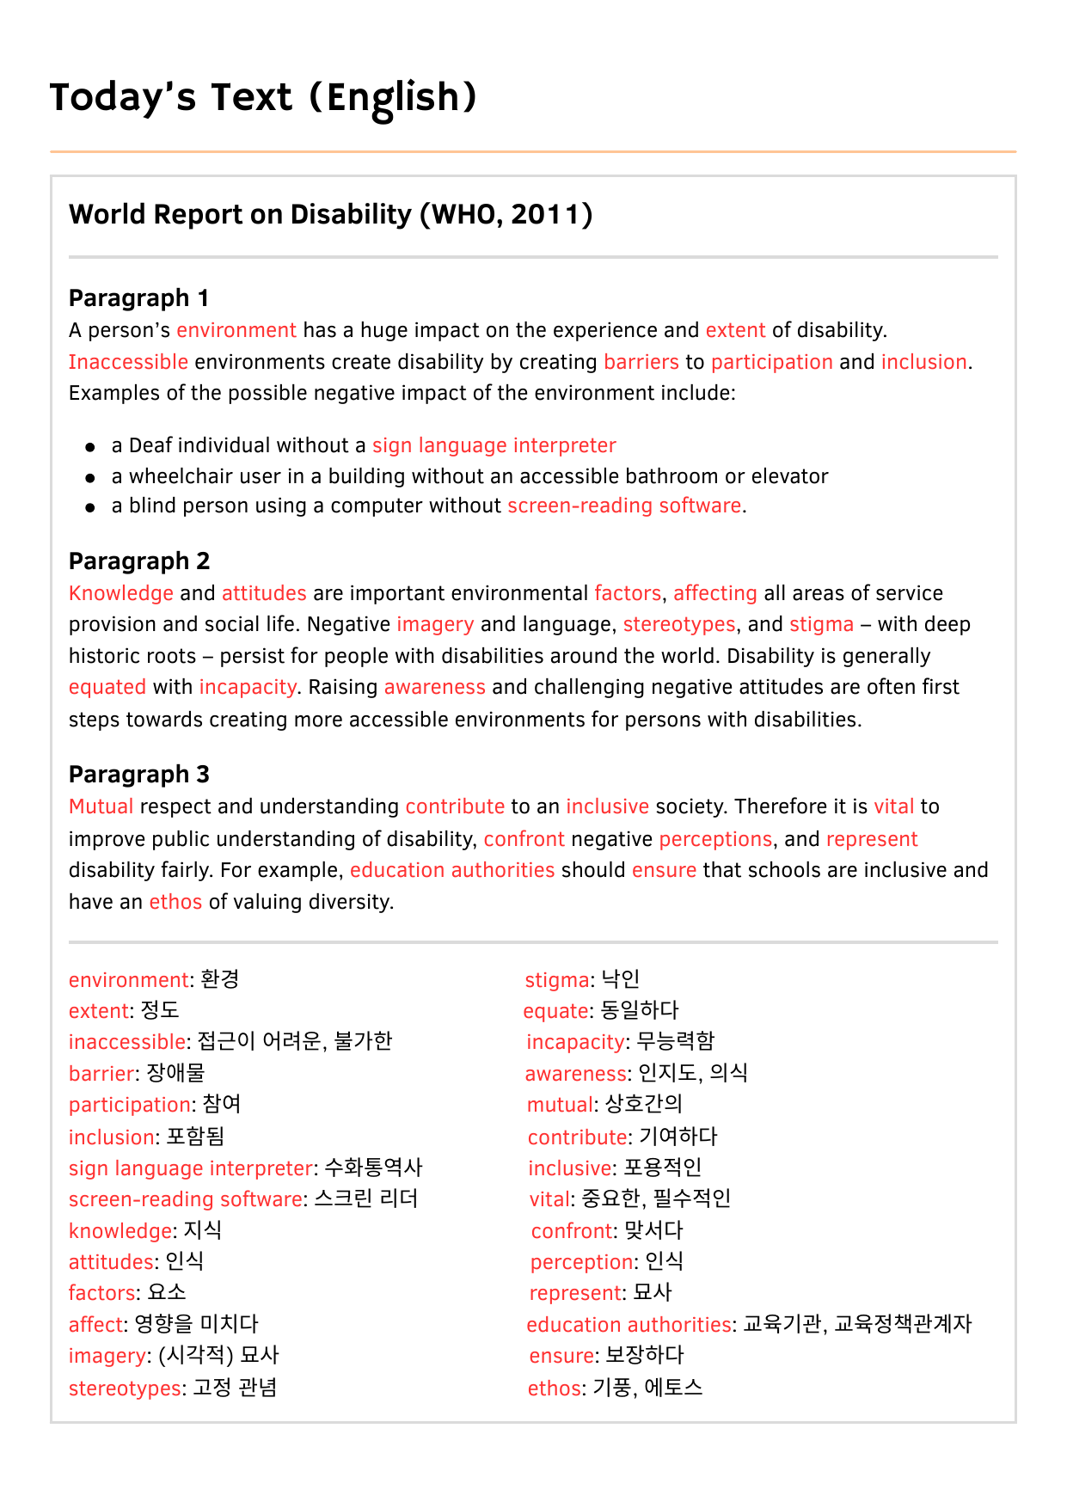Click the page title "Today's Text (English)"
pos(263,98)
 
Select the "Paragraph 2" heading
pos(139,561)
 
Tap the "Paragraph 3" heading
pos(139,775)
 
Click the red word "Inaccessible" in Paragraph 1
pos(128,362)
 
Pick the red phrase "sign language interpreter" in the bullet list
pos(494,445)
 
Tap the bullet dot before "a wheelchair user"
pos(90,477)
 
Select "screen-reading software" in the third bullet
pos(624,506)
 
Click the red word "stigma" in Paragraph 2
pos(821,624)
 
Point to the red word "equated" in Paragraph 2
pos(107,687)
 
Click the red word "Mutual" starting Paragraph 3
pos(101,806)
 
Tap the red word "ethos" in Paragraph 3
pos(175,902)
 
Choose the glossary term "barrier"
pos(101,1073)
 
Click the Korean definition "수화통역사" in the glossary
pos(373,1168)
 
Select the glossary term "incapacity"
pos(575,1042)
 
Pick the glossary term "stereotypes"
pos(125,1388)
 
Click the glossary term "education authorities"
pos(629,1324)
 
